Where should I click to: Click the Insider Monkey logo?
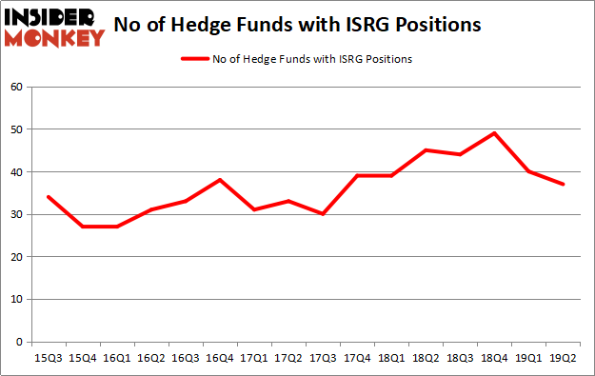(x=54, y=26)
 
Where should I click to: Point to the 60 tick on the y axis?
(x=16, y=87)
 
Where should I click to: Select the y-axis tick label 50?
(x=16, y=129)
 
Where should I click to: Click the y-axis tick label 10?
(x=16, y=299)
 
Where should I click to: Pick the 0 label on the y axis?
(x=19, y=342)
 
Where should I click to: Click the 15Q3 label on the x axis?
(x=48, y=360)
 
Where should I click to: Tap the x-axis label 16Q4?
(x=220, y=360)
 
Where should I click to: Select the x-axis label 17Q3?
(x=324, y=360)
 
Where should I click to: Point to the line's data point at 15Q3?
(x=48, y=197)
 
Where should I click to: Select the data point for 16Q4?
(x=220, y=180)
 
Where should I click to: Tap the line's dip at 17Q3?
(x=324, y=214)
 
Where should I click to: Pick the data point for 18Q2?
(x=426, y=150)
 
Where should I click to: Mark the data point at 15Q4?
(x=82, y=227)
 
